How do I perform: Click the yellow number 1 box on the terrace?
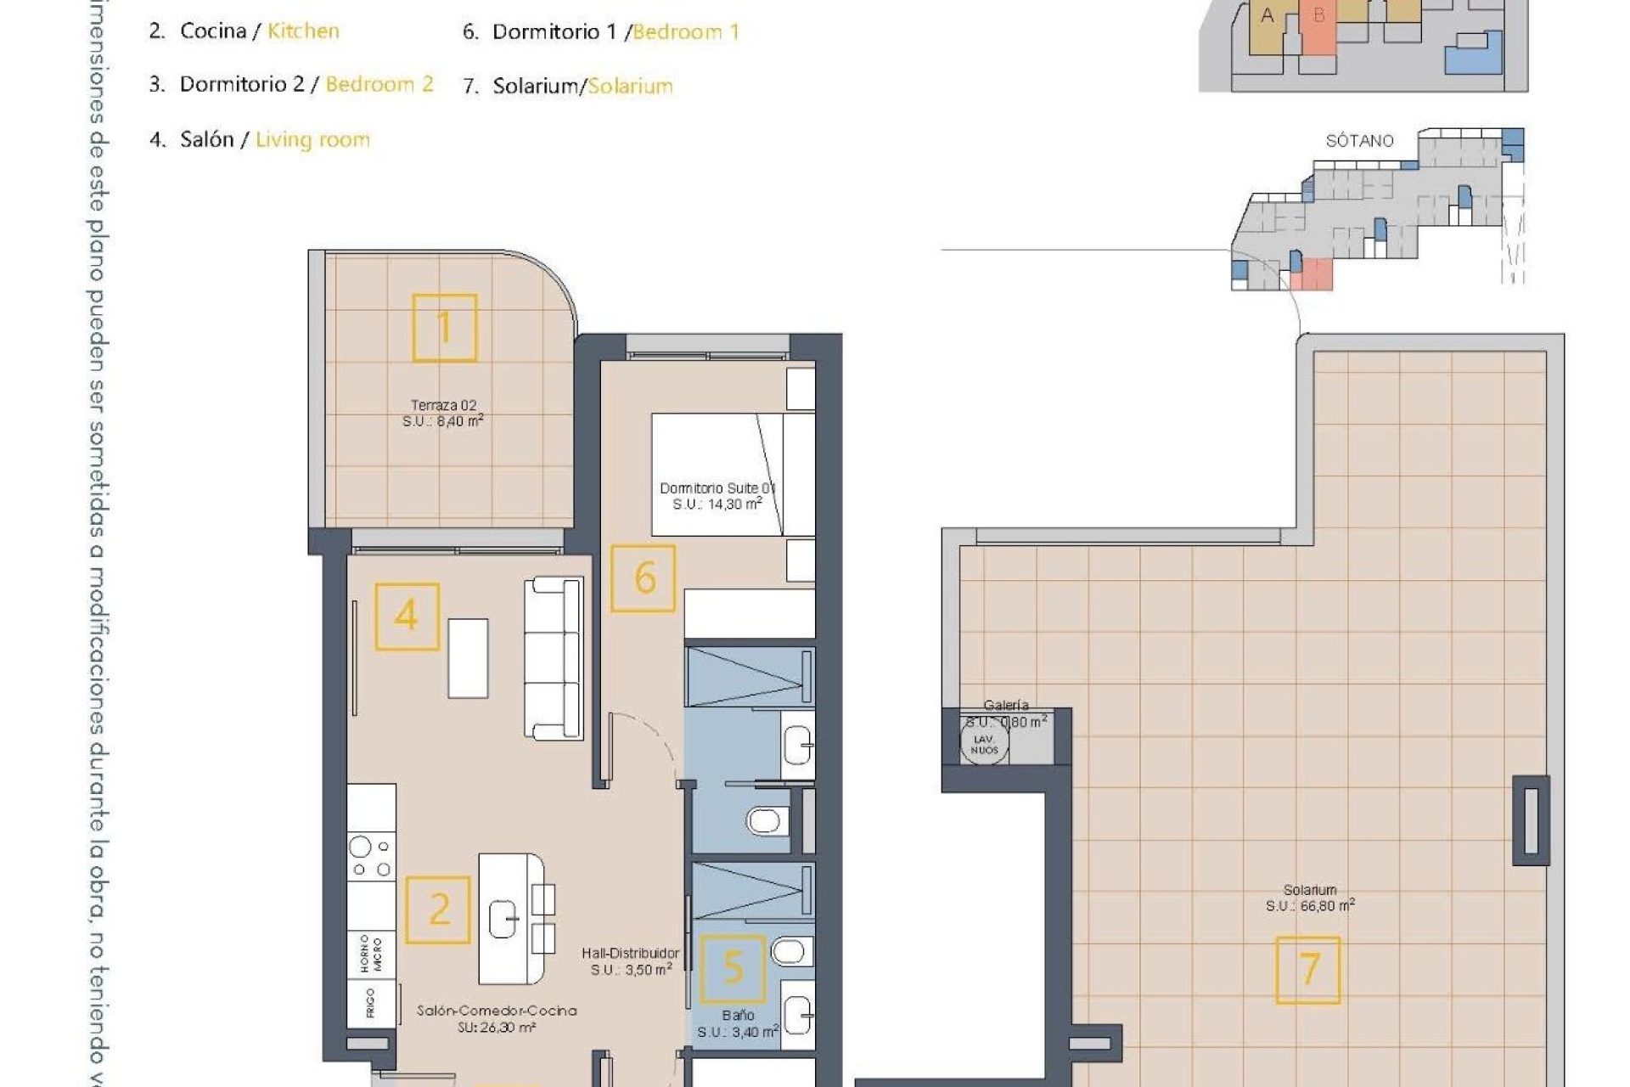(444, 328)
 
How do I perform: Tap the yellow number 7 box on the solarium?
(1308, 970)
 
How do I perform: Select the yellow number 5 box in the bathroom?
(733, 968)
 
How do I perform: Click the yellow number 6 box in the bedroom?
(644, 578)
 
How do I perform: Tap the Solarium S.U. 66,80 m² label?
(1310, 898)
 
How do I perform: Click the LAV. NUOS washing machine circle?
(984, 744)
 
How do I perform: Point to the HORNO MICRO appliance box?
(371, 955)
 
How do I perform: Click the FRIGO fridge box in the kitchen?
(371, 1003)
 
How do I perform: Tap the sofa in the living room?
(554, 658)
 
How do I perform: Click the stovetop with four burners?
(371, 857)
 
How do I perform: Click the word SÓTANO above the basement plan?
(1359, 141)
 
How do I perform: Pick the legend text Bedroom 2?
(379, 84)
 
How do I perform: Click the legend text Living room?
(312, 139)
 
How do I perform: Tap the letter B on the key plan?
(1318, 15)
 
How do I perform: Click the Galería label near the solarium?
(1006, 705)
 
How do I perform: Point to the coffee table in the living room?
(468, 658)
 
